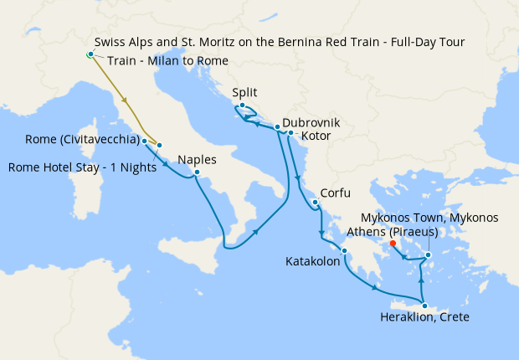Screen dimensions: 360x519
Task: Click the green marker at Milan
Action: pos(90,55)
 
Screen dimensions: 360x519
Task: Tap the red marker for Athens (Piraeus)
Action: pos(393,244)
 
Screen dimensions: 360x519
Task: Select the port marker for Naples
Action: pos(196,173)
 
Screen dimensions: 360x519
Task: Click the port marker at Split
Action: pos(241,106)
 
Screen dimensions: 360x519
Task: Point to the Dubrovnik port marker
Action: pos(277,127)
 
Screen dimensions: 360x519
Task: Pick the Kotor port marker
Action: pos(290,133)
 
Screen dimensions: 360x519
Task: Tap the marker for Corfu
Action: pos(315,203)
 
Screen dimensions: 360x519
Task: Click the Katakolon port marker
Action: pos(343,250)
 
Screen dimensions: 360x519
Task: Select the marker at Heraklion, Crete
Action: pos(424,306)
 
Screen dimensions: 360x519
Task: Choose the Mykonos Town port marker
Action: pos(428,255)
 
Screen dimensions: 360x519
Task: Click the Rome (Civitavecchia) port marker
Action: pos(145,141)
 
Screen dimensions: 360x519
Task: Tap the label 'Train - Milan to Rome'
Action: pos(167,60)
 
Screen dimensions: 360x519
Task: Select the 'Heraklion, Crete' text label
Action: pos(424,318)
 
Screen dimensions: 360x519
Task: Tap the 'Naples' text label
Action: pos(197,159)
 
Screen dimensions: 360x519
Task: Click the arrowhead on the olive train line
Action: pos(126,100)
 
